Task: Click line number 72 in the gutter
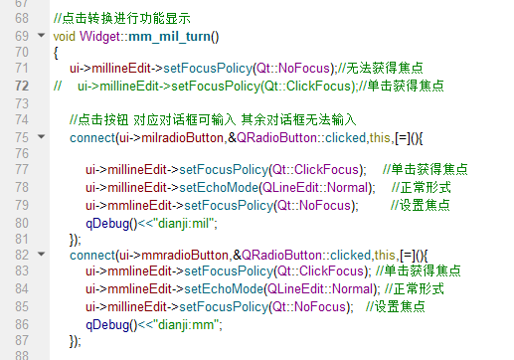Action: [21, 87]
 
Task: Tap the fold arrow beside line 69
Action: [40, 36]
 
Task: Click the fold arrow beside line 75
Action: [40, 137]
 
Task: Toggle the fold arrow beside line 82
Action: [40, 256]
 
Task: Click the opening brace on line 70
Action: [57, 53]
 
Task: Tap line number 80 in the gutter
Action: [21, 222]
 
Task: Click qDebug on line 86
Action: [108, 324]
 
